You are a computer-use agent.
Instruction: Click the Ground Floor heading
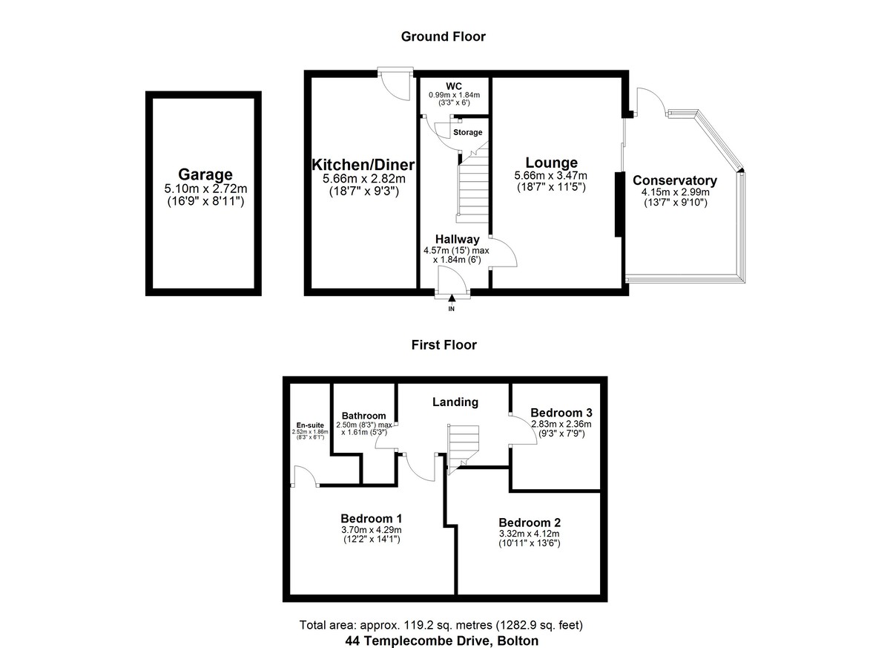point(443,36)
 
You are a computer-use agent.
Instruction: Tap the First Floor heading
point(444,344)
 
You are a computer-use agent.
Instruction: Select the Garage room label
point(205,174)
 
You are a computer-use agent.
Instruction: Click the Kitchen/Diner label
point(363,165)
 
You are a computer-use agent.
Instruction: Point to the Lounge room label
point(552,163)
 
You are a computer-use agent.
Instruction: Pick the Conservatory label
point(675,180)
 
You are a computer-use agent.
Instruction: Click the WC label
point(454,86)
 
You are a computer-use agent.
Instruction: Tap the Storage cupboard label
point(468,132)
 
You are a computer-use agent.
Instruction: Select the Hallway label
point(458,239)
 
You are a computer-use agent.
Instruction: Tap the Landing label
point(455,402)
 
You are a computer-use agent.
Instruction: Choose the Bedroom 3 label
point(561,413)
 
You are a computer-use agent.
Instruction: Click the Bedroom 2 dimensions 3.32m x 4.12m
point(530,534)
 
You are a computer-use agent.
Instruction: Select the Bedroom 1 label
point(371,518)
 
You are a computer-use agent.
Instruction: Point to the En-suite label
point(310,425)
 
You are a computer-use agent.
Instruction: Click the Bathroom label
point(363,416)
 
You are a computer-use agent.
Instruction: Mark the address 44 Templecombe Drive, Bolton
point(442,641)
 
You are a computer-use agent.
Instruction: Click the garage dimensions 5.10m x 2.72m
point(205,189)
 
